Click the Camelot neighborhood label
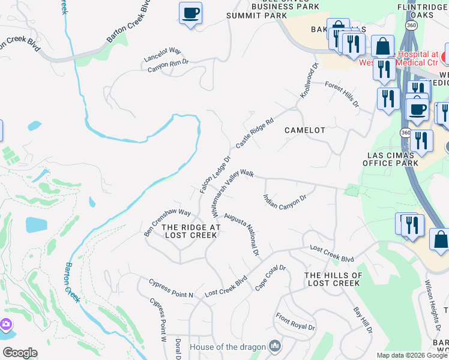pyautogui.click(x=304, y=130)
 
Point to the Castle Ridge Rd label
pyautogui.click(x=255, y=133)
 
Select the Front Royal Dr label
pyautogui.click(x=295, y=322)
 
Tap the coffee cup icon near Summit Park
pyautogui.click(x=190, y=13)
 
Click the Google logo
pyautogui.click(x=20, y=353)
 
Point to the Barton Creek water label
pyautogui.click(x=72, y=282)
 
